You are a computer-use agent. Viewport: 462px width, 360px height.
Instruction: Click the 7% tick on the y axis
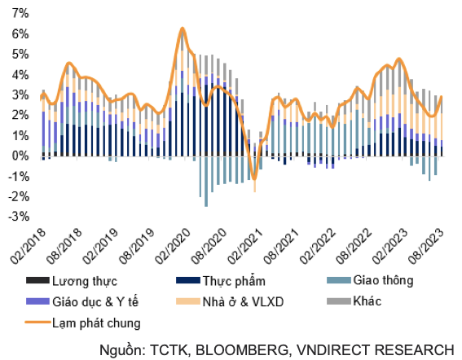click(18, 14)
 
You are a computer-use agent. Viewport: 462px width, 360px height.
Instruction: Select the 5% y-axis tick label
click(18, 55)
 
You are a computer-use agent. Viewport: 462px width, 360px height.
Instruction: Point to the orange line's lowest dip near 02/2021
click(254, 178)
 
